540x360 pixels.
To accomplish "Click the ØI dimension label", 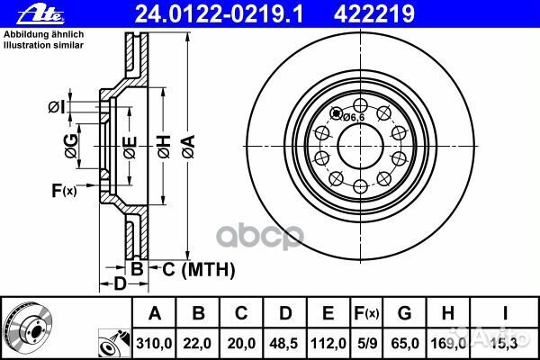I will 56,109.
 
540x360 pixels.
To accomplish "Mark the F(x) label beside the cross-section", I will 64,190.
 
